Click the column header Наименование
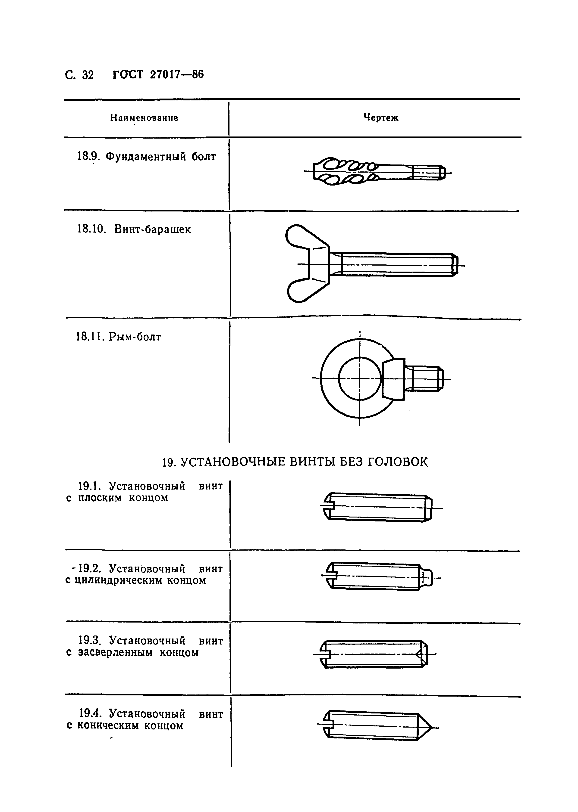[144, 118]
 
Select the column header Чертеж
[381, 118]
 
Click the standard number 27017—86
[177, 75]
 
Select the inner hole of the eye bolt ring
[359, 378]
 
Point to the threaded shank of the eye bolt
[425, 379]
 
